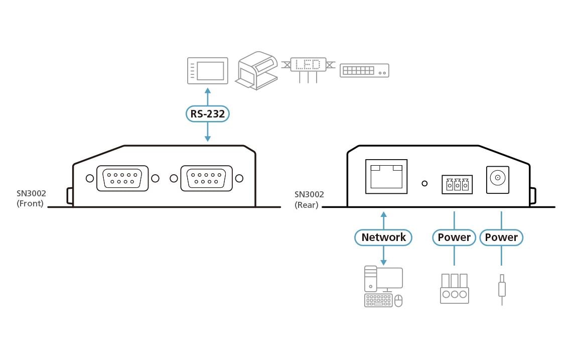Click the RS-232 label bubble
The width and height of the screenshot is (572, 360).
[208, 114]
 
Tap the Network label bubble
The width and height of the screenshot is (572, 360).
[383, 237]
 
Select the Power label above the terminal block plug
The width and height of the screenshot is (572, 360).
[454, 237]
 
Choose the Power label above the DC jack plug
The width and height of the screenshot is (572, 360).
[501, 237]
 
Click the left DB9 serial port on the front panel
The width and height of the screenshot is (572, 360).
[122, 178]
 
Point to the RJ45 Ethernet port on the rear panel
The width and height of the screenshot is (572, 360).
[386, 176]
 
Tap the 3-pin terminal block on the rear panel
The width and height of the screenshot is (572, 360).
[457, 184]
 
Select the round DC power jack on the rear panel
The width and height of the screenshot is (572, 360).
[498, 178]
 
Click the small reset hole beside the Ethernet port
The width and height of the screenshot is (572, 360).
[424, 184]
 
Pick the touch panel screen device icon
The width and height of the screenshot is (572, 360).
[207, 70]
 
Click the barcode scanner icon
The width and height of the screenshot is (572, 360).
[256, 70]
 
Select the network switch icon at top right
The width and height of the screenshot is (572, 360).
[364, 70]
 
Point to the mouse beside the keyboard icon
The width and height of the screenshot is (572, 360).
[398, 301]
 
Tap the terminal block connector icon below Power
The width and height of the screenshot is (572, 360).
[454, 289]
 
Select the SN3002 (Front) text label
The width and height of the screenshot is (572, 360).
[30, 199]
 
